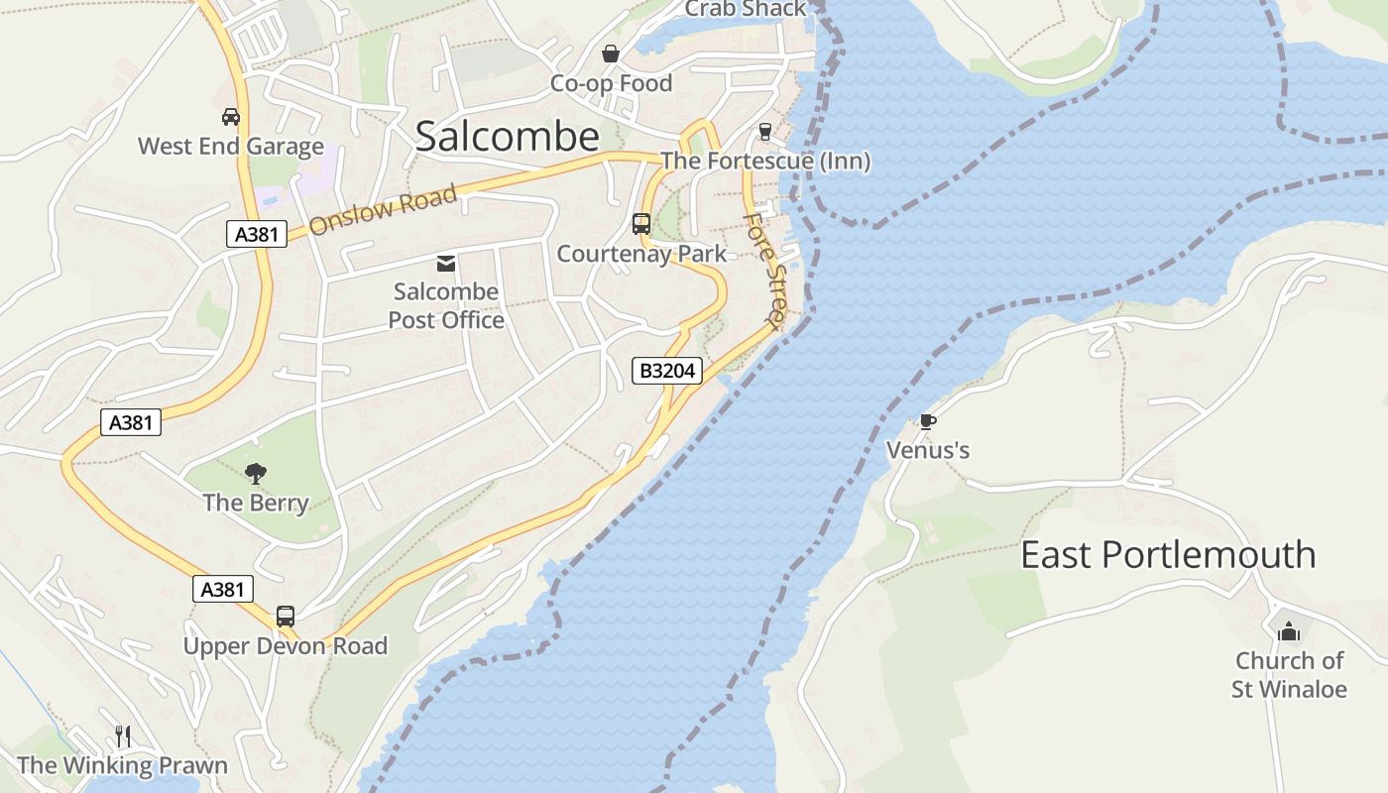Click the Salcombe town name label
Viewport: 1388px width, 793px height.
[508, 137]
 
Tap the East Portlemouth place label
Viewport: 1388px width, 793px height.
[1168, 554]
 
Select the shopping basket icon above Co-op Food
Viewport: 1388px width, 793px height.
[611, 54]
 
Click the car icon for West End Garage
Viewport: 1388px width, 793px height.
[231, 117]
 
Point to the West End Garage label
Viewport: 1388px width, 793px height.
[231, 147]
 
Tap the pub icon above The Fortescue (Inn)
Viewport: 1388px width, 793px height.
[764, 131]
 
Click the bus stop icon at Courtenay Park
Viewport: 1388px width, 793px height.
[641, 224]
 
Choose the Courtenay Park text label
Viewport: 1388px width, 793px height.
[641, 254]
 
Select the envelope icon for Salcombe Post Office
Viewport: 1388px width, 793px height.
[446, 263]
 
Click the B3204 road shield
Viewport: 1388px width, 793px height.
[668, 371]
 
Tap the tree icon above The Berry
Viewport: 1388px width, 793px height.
[256, 474]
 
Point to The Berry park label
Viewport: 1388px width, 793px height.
[256, 503]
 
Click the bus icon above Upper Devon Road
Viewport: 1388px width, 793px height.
[286, 616]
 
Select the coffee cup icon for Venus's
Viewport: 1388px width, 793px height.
[927, 421]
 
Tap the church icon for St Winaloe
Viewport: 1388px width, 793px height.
[1289, 630]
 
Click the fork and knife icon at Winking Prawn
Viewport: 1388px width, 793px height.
[123, 736]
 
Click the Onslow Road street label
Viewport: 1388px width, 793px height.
[383, 209]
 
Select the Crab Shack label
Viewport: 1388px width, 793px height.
[746, 9]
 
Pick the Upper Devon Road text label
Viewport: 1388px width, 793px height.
[286, 646]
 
